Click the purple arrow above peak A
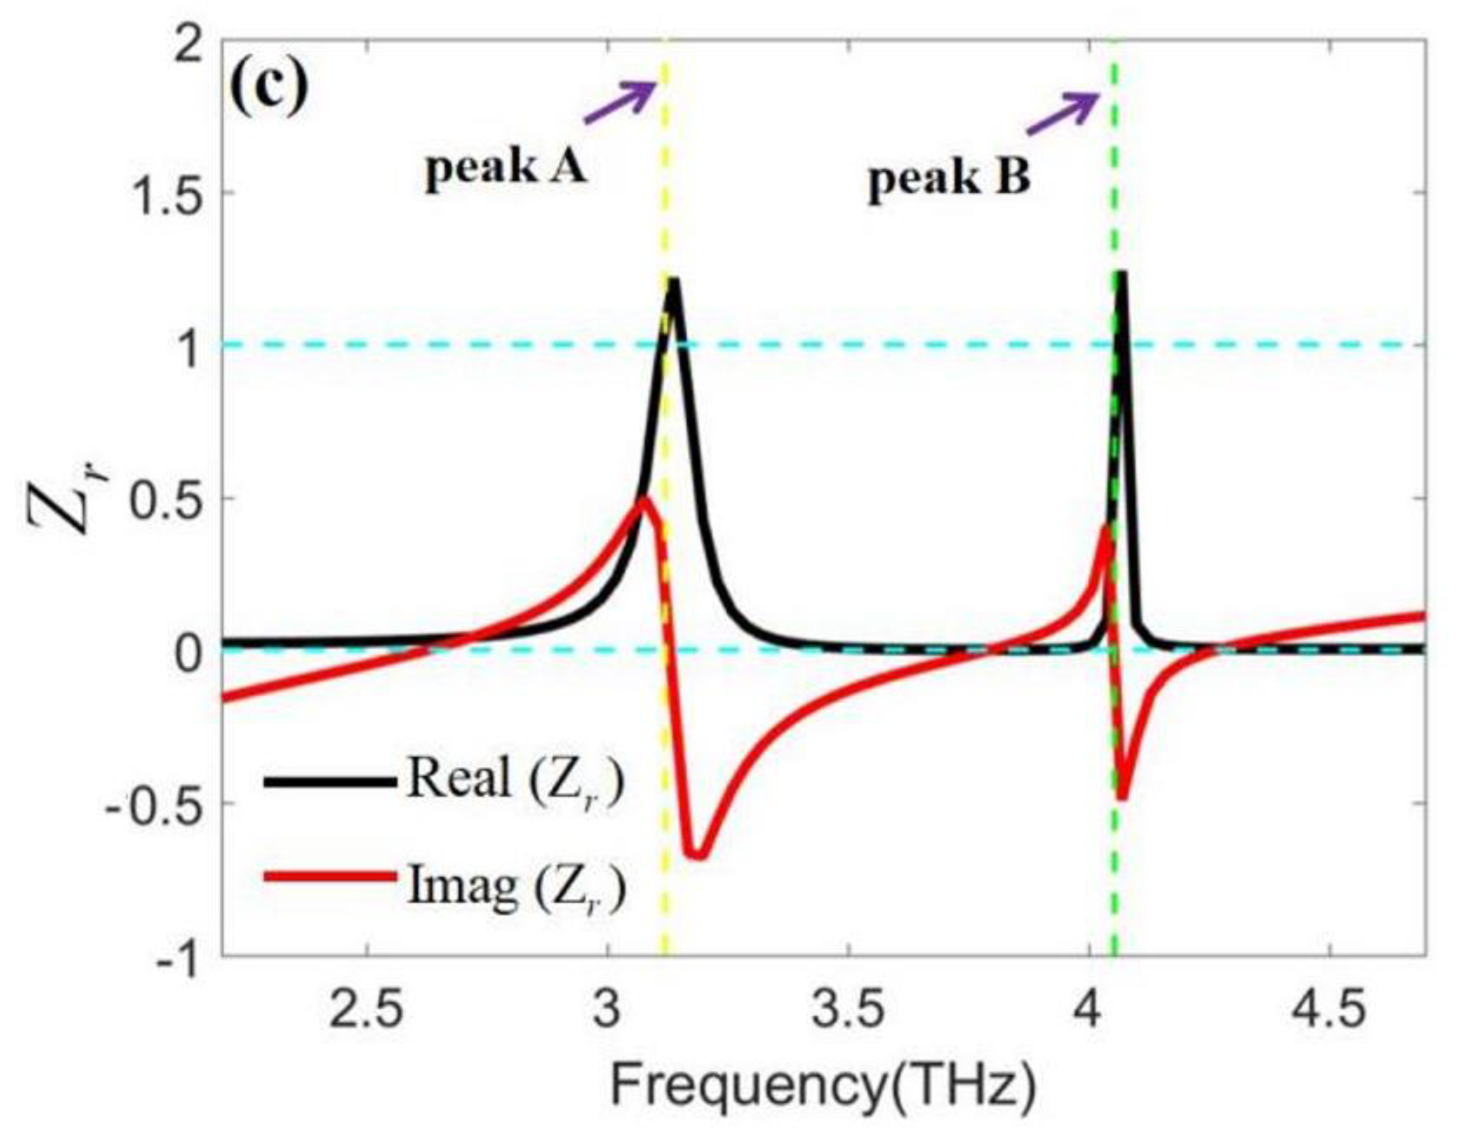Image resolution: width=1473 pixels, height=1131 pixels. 620,101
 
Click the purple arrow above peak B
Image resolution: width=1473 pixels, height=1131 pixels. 1062,112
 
